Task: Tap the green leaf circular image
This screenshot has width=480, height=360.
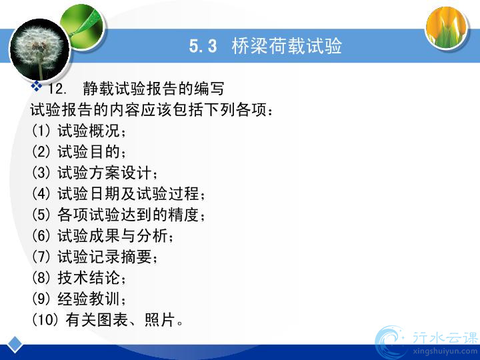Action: click(x=83, y=26)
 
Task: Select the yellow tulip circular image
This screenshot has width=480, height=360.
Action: click(x=447, y=27)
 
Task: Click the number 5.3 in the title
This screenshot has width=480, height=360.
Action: click(x=203, y=46)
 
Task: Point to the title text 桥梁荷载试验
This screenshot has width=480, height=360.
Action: click(x=287, y=46)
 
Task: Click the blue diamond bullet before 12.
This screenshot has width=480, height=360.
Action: click(x=37, y=86)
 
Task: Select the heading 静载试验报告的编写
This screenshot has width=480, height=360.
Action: click(x=153, y=89)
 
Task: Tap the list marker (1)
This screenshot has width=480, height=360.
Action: click(x=41, y=131)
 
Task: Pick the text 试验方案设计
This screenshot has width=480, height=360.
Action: click(x=105, y=173)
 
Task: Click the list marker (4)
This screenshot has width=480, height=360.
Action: click(x=41, y=194)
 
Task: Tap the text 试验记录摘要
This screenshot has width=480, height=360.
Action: click(x=105, y=257)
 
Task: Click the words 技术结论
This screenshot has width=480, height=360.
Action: click(x=89, y=277)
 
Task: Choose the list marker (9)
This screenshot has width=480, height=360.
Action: click(x=41, y=299)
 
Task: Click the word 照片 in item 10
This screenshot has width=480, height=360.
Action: click(x=160, y=319)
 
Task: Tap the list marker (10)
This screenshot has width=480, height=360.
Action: click(x=45, y=319)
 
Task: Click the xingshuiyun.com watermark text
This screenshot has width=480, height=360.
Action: click(x=446, y=351)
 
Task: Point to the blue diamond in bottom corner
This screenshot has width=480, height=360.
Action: click(x=15, y=345)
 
